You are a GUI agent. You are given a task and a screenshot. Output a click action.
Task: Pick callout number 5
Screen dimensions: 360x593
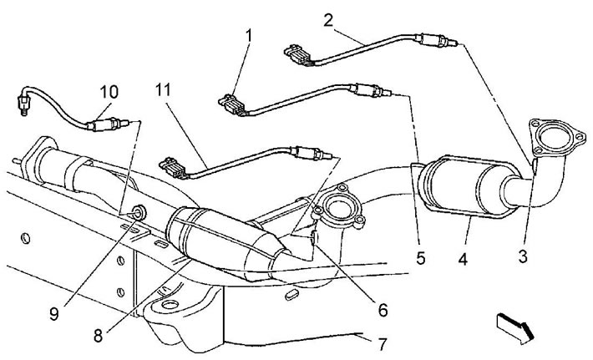pyautogui.click(x=421, y=258)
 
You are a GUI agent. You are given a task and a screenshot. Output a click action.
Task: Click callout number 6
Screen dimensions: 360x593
pyautogui.click(x=383, y=310)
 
